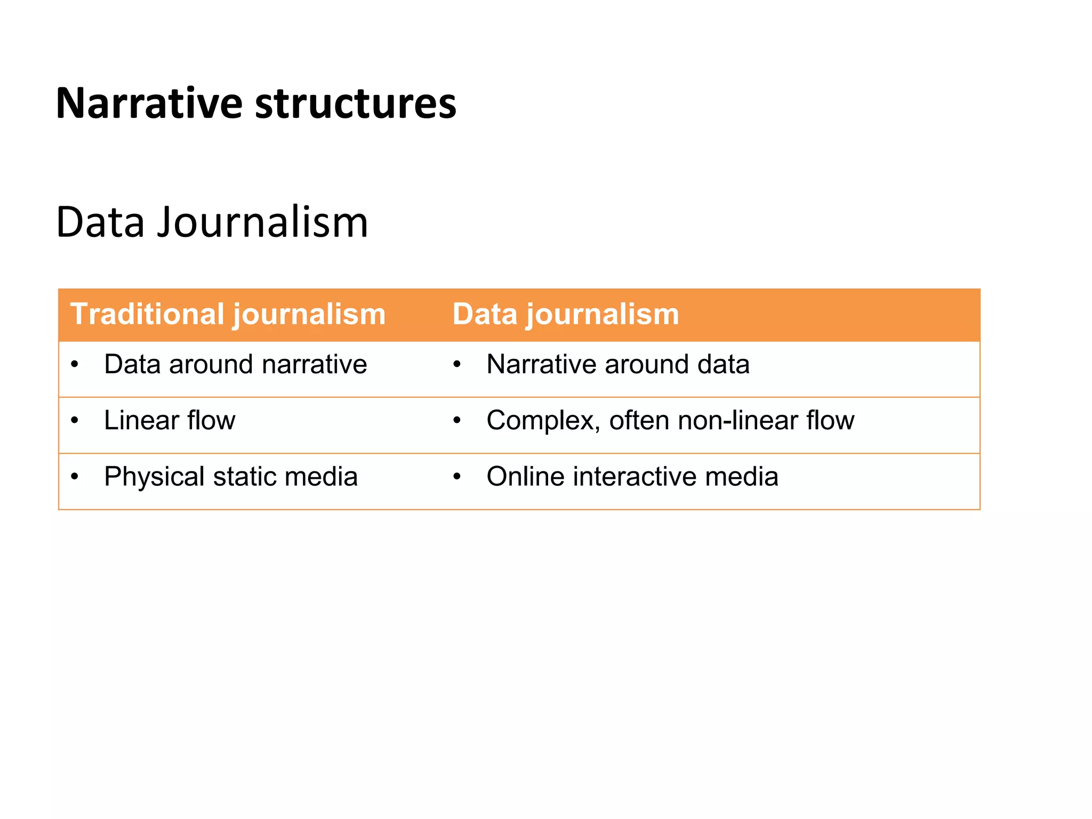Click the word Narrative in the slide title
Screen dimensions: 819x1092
149,103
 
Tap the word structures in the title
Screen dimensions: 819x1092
356,103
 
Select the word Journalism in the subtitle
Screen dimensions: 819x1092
262,222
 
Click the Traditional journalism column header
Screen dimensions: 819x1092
228,314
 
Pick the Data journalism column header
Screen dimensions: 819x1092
565,314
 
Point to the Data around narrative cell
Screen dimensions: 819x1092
235,364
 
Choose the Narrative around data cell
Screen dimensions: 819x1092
617,364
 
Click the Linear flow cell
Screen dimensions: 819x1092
170,420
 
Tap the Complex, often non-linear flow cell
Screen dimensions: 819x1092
670,420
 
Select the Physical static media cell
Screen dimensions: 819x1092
230,476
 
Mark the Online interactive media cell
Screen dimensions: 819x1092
632,476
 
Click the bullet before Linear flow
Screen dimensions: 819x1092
75,421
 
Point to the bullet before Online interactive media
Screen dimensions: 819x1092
457,477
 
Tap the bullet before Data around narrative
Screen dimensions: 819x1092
75,365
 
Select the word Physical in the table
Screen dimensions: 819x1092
154,476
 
